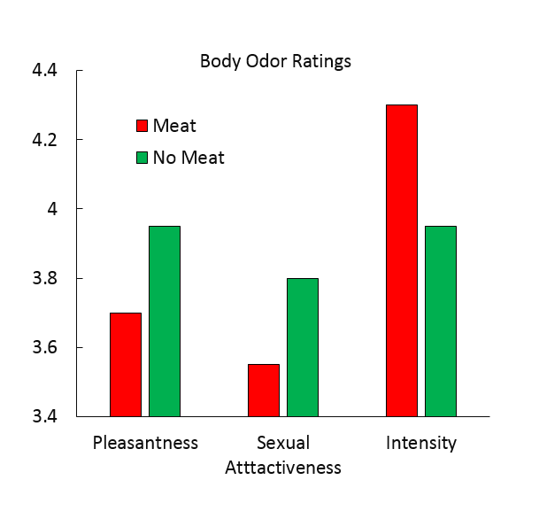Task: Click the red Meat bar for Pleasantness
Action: [125, 364]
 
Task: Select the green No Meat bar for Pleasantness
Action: [164, 321]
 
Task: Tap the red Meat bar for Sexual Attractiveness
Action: [264, 390]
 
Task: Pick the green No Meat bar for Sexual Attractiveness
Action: [303, 347]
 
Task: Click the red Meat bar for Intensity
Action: [402, 260]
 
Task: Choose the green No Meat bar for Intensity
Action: [441, 321]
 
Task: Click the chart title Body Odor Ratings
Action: [275, 61]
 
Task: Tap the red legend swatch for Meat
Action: [141, 126]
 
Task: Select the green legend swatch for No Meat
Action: [141, 159]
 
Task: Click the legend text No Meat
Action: [189, 159]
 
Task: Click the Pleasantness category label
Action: [145, 442]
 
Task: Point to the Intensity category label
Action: [421, 442]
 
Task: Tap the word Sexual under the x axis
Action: [283, 442]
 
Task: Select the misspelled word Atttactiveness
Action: [283, 467]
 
